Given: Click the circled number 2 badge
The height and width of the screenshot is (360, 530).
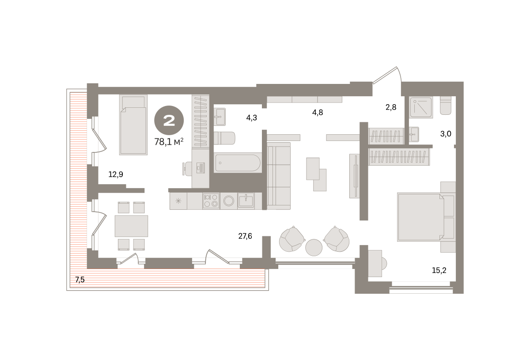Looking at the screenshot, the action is (169, 120).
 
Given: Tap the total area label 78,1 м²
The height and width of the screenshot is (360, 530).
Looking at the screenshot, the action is (169, 142).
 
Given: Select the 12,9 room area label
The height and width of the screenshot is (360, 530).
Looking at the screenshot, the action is (116, 174).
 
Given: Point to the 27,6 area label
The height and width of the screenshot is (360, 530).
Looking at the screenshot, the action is (245, 236).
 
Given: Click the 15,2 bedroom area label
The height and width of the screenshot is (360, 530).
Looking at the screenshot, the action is (439, 270).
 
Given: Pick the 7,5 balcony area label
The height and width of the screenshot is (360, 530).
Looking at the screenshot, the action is (80, 280).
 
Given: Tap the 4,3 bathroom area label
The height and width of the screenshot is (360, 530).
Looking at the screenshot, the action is (251, 117).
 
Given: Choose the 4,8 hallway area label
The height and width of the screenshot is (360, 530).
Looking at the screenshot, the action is (318, 113).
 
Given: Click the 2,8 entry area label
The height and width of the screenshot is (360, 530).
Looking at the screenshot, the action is (391, 107).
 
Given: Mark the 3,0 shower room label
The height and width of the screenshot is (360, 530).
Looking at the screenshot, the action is (446, 134).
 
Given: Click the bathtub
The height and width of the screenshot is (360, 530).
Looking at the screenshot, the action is (238, 163).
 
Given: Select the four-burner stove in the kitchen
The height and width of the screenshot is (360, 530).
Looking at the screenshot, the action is (211, 201).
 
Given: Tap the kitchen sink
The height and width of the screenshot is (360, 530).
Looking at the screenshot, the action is (246, 201).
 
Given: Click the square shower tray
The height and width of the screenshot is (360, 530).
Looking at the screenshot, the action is (421, 107).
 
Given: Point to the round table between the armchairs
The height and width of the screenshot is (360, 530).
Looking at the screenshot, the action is (314, 247).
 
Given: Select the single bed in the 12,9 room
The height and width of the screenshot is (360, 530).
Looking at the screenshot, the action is (133, 125).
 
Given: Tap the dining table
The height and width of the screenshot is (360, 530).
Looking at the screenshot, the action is (131, 226).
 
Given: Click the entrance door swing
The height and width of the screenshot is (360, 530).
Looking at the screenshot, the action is (387, 75).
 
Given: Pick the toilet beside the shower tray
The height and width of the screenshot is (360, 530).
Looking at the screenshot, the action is (445, 106).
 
